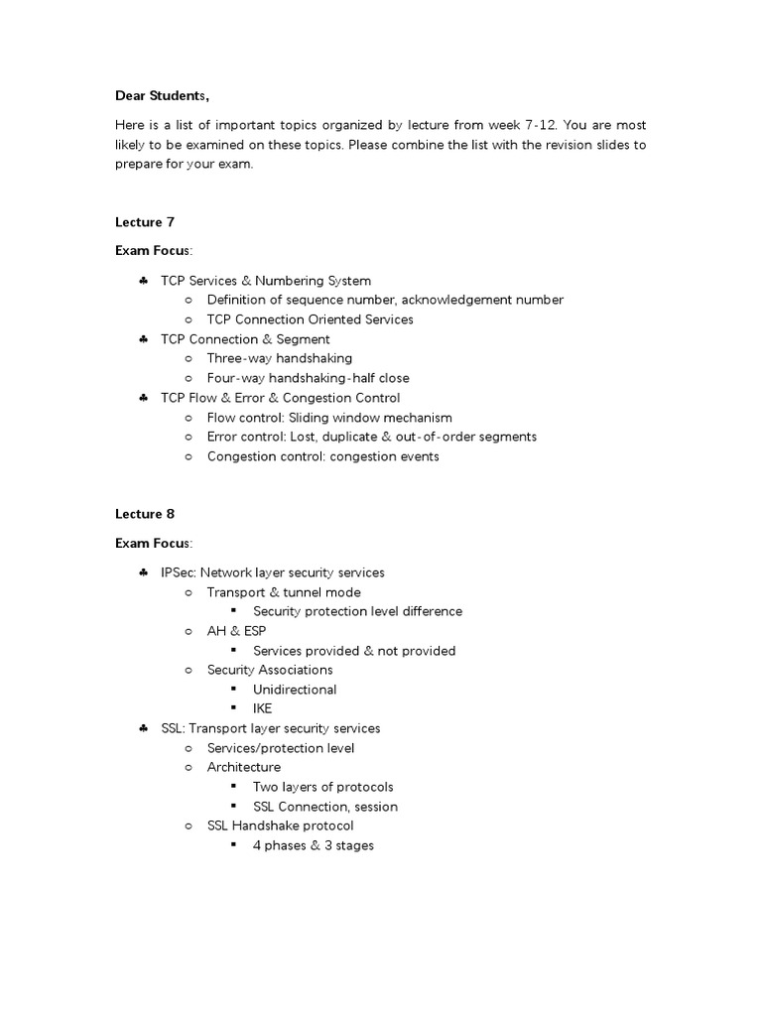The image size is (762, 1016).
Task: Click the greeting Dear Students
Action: coord(163,95)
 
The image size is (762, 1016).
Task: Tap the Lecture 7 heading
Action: coord(144,222)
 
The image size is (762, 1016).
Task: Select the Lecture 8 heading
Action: coord(144,514)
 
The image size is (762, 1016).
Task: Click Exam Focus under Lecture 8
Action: coord(154,543)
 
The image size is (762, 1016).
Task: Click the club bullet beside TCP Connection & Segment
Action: coord(144,339)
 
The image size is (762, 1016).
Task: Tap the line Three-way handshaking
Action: coord(279,358)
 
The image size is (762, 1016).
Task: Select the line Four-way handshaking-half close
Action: coord(308,378)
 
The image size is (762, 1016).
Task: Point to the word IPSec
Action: coord(178,572)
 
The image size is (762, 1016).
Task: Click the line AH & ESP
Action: coord(236,631)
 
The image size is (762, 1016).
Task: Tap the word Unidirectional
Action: coord(295,690)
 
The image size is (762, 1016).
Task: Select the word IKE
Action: coord(263,708)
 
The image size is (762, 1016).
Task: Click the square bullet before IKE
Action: coord(233,708)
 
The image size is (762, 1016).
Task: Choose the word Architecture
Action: coord(243,767)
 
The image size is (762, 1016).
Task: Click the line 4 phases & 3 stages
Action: coord(314,845)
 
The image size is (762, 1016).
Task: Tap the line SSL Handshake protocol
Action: coord(280,825)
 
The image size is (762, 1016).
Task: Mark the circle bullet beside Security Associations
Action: coord(190,670)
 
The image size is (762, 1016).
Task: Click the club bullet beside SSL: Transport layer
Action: coord(144,728)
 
